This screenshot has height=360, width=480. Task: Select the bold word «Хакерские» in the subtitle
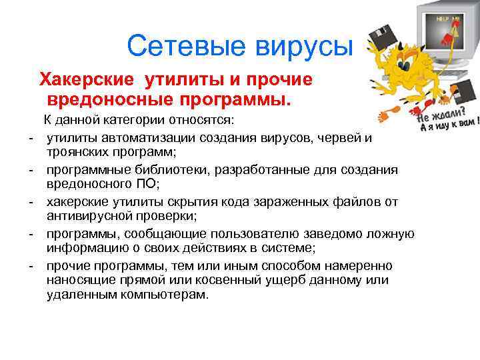(x=89, y=80)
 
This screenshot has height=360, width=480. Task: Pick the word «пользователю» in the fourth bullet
(x=251, y=234)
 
